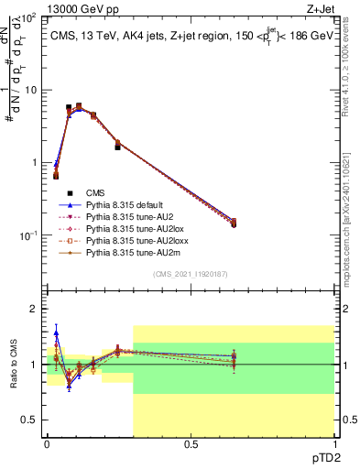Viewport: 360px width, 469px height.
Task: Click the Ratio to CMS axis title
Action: [x=13, y=366]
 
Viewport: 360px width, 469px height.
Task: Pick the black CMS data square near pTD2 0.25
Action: [x=117, y=147]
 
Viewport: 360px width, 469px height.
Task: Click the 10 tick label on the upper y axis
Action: [x=31, y=90]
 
